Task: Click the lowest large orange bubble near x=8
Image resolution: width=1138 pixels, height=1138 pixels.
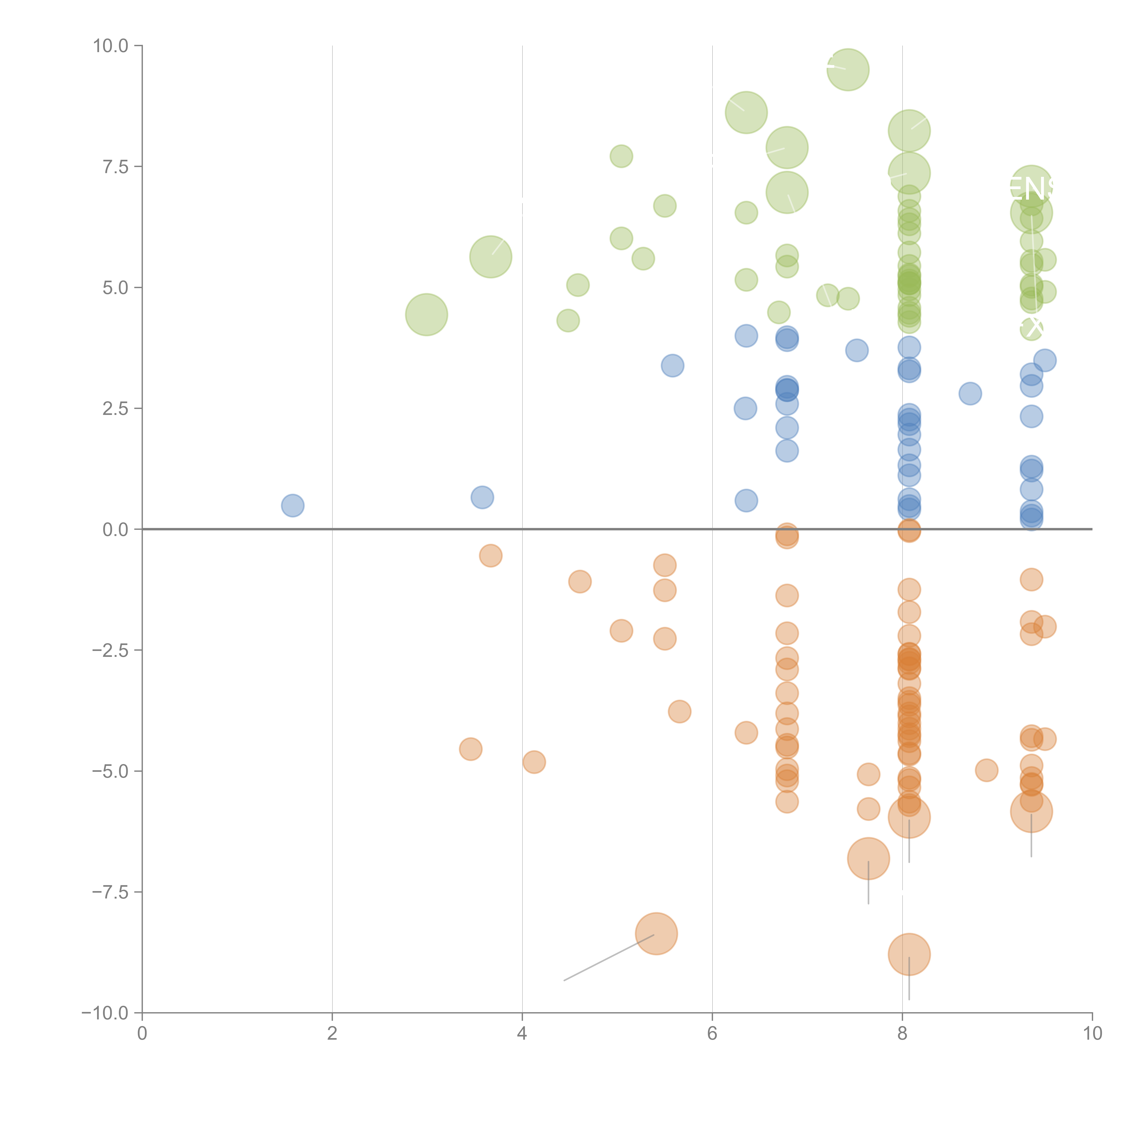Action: click(x=909, y=954)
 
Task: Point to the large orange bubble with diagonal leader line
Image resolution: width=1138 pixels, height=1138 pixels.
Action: click(x=656, y=933)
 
